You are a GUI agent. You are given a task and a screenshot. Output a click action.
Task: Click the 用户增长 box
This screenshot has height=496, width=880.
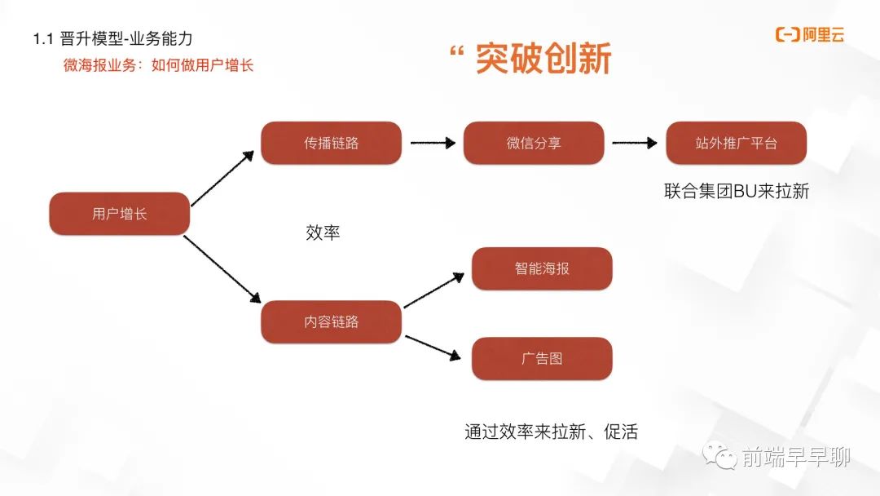coord(120,214)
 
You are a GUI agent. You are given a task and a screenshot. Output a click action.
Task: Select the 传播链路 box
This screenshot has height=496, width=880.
coord(331,143)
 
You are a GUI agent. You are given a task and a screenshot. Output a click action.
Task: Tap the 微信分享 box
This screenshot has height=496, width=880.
coord(534,143)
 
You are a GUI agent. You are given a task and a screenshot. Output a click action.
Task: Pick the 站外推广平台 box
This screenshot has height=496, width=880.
coord(737,143)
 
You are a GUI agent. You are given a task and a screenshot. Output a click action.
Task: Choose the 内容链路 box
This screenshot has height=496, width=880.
coord(331,321)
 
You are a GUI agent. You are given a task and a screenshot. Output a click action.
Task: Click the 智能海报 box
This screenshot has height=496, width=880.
coord(542,268)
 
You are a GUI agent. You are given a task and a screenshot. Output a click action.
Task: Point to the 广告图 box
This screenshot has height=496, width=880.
coord(542,358)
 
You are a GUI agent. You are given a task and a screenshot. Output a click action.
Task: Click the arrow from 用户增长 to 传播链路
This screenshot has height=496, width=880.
coord(222,179)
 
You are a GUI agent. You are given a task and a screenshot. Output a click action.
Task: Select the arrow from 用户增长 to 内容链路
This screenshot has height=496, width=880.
coord(222,269)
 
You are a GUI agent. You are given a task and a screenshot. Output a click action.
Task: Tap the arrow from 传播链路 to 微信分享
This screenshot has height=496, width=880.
coord(433,143)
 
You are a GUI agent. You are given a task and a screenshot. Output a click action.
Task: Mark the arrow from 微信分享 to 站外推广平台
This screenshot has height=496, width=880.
coord(634,143)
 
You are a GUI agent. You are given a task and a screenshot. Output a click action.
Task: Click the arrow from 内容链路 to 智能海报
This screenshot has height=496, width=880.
coord(433,290)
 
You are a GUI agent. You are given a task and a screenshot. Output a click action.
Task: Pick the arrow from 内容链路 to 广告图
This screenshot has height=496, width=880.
coord(433,348)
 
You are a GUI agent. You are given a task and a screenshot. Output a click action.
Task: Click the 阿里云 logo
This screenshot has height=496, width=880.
coord(810,35)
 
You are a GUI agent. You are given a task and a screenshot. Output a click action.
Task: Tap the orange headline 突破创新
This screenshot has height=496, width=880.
coord(543,59)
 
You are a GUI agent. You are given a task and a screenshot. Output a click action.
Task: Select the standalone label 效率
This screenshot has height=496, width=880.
coord(323,232)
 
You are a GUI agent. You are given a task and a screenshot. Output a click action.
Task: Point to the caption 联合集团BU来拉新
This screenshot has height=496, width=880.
coord(737,191)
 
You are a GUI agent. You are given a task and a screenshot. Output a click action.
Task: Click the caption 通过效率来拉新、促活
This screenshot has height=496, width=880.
coord(551,432)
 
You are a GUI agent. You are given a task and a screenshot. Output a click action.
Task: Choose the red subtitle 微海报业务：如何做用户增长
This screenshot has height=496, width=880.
coord(158,65)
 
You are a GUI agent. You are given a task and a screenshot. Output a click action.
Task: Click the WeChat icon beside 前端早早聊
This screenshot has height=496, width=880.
coord(719,455)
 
